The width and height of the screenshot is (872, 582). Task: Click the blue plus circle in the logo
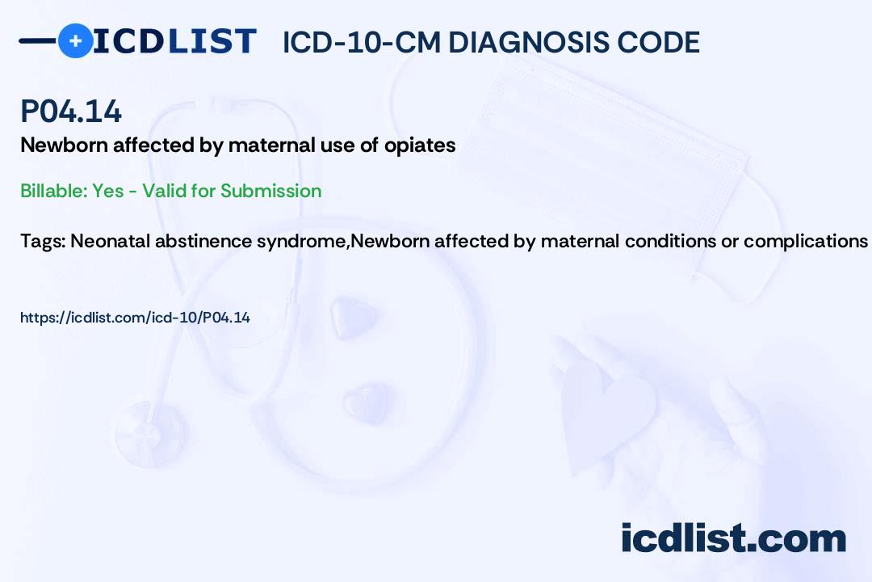click(75, 40)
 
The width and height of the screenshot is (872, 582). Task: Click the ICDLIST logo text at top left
click(174, 40)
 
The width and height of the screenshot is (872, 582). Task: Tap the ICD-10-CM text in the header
click(360, 42)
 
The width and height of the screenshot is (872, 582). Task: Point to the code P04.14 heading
click(71, 112)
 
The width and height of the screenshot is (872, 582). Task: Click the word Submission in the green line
click(270, 191)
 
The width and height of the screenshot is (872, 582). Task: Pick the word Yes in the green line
click(108, 191)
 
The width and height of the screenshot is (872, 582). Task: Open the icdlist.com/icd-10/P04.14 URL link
click(135, 318)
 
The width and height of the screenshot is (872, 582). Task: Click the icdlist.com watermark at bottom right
click(733, 538)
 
